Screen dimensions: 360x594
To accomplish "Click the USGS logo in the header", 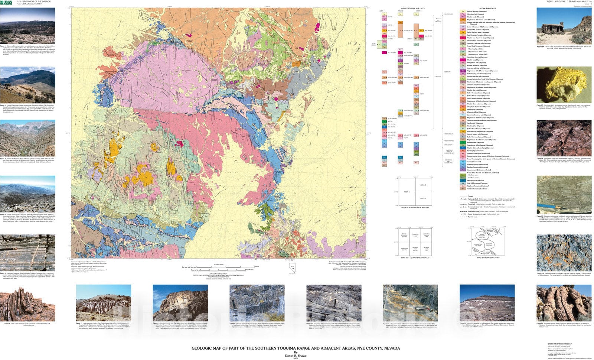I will (x=7, y=2).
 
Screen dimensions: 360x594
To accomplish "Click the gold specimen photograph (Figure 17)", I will (x=564, y=85).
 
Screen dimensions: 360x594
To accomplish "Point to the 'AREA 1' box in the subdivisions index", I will (x=407, y=192).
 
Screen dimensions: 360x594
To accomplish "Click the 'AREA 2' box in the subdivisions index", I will (x=423, y=185).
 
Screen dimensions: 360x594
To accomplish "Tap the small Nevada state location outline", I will (x=292, y=267).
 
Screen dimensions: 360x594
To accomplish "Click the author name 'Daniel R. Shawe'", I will (x=296, y=355).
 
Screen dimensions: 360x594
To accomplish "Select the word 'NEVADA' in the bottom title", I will (x=392, y=348).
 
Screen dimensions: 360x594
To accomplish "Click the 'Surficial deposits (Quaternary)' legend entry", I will (x=477, y=12).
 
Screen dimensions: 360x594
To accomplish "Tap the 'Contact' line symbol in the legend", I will (x=463, y=196).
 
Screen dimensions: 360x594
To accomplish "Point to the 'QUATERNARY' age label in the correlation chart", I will (x=448, y=14).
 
